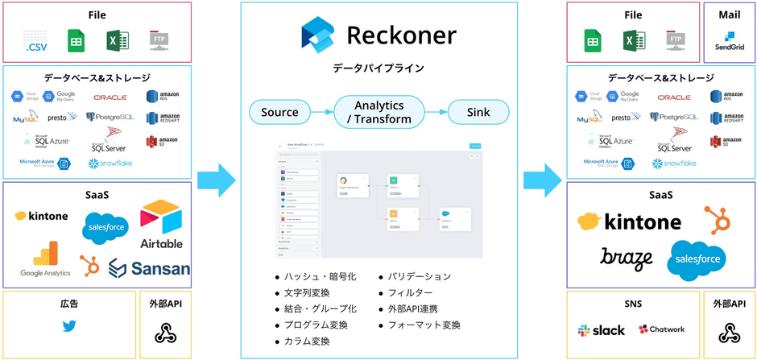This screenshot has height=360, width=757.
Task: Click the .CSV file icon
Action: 35,41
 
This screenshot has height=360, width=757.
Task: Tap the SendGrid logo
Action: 729,41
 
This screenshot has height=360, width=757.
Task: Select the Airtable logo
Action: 161,225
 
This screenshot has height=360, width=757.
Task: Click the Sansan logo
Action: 150,268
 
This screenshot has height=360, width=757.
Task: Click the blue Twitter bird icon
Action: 69,327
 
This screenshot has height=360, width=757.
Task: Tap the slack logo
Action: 601,330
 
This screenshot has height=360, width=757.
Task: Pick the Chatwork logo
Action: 661,330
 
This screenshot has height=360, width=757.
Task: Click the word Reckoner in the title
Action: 401,35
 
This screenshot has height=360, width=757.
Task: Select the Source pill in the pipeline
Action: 279,112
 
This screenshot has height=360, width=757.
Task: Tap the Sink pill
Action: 478,112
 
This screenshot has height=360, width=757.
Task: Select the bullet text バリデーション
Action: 420,276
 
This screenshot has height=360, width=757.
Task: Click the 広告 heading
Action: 69,304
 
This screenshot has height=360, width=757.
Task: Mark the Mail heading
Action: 729,14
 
